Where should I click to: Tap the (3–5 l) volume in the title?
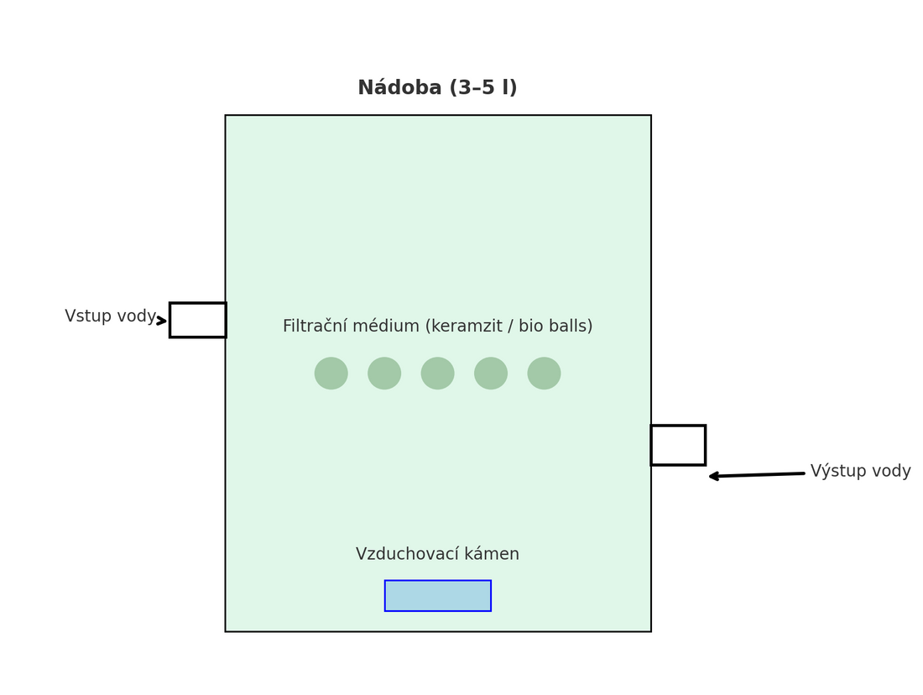click(483, 88)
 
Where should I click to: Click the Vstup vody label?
click(110, 316)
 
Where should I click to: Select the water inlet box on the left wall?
click(198, 320)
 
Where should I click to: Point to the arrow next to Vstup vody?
click(162, 321)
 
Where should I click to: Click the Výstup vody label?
click(860, 471)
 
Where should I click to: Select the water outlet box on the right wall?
click(678, 445)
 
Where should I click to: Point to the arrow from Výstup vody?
click(755, 475)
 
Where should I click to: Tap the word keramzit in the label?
click(471, 327)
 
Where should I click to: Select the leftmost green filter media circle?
click(331, 374)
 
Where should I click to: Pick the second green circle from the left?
click(384, 374)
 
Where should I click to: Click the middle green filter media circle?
click(438, 374)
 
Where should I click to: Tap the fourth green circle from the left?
click(491, 374)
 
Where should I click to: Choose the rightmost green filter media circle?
click(545, 374)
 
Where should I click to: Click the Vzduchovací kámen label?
click(437, 554)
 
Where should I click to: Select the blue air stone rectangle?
click(438, 596)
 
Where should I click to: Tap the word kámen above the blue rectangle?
click(493, 554)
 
